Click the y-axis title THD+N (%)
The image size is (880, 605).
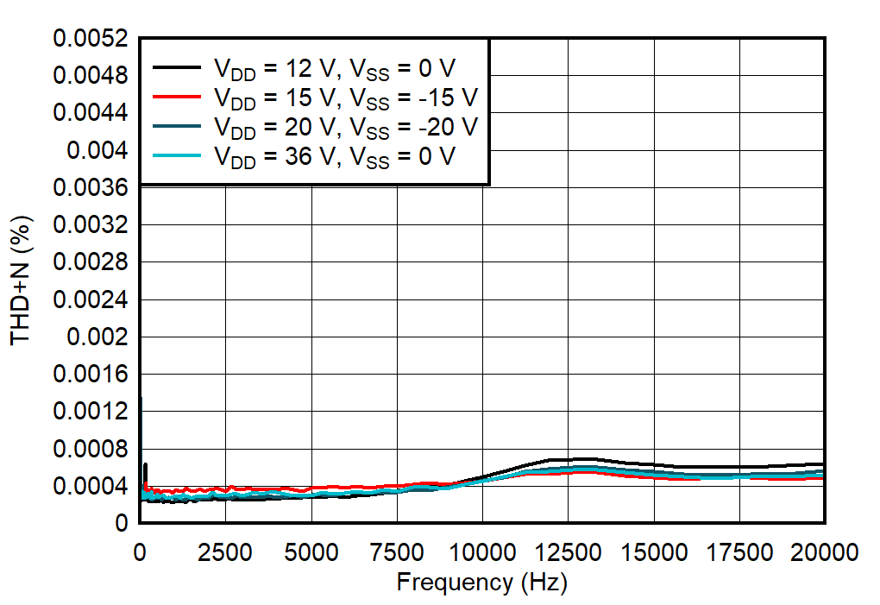tap(22, 280)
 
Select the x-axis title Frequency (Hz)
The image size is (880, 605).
tap(481, 583)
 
